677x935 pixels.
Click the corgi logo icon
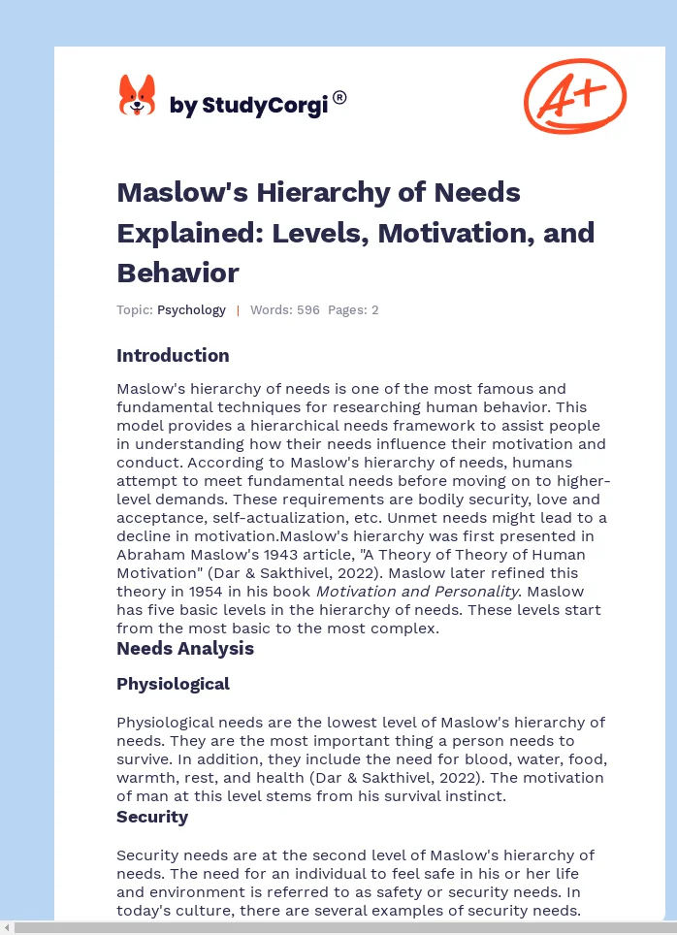point(137,97)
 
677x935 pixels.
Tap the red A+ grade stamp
point(575,96)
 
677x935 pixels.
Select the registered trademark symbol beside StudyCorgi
point(339,98)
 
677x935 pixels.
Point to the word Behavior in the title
point(177,273)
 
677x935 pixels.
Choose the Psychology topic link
point(191,310)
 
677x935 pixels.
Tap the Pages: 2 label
point(353,310)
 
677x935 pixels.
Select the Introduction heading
point(173,355)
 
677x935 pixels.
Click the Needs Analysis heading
point(185,648)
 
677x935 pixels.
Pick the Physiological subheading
point(173,684)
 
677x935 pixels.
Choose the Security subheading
point(152,817)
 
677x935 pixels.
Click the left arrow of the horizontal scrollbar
point(7,928)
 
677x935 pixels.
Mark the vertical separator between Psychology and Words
point(238,310)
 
